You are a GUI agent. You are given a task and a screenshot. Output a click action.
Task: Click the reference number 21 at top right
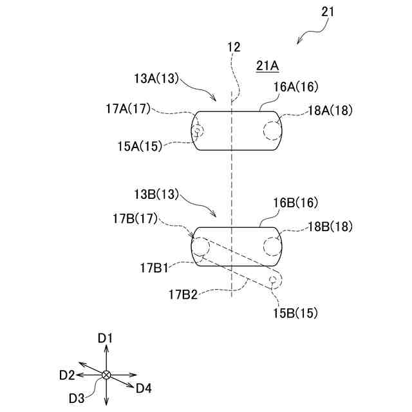click(328, 12)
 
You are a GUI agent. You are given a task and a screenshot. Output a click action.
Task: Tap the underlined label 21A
click(267, 65)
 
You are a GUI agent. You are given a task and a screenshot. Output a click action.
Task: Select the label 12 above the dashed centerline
click(233, 47)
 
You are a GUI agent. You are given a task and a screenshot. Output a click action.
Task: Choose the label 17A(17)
click(127, 109)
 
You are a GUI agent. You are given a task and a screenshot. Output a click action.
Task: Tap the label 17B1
click(155, 265)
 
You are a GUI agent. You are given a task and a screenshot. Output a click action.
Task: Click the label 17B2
click(183, 295)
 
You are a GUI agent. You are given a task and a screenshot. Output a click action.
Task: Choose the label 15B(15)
click(295, 314)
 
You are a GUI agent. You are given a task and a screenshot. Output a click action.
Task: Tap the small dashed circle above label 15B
click(275, 281)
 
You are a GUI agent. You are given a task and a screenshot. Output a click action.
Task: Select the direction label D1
click(106, 337)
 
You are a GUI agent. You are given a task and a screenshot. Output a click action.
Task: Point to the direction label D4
click(143, 388)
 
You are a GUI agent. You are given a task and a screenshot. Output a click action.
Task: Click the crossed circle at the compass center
click(106, 375)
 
